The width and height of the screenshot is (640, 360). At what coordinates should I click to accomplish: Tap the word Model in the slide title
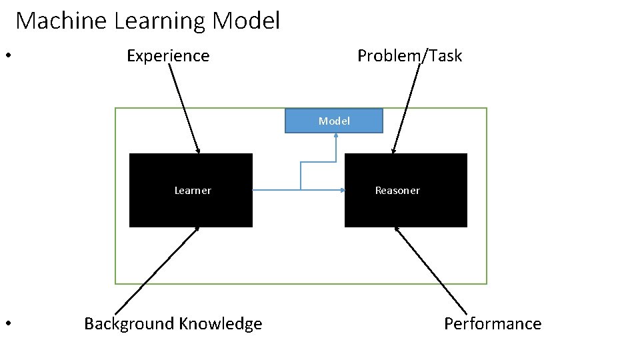coord(246,21)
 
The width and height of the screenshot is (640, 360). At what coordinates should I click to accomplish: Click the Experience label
coord(168,56)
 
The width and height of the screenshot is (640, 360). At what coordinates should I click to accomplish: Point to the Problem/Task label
coord(409,56)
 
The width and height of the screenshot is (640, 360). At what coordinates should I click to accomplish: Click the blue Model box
coord(334,121)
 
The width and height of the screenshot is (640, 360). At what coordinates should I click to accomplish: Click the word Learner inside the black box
coord(193,191)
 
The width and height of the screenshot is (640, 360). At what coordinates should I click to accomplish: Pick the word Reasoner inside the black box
coord(397,191)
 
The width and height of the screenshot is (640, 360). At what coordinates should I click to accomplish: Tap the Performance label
coord(493,324)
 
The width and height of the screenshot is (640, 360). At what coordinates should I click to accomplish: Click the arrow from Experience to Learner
coord(183,107)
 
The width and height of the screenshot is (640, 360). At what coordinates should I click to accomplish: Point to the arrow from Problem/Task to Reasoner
coord(407,107)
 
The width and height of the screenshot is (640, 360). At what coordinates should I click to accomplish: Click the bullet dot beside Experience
coord(7,55)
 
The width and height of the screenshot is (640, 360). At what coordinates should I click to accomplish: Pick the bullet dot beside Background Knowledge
coord(7,324)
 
